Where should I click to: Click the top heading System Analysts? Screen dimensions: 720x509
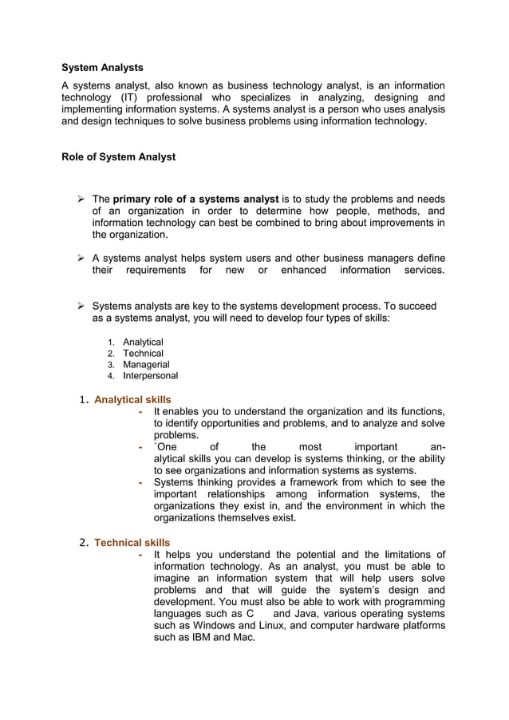(x=102, y=68)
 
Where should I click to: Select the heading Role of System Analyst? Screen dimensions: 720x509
(x=118, y=157)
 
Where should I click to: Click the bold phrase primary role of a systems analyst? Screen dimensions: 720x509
(x=196, y=199)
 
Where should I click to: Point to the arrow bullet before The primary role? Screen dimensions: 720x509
(x=81, y=199)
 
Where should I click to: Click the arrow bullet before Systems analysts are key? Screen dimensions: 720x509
(x=81, y=307)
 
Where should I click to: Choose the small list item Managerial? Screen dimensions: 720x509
(x=146, y=365)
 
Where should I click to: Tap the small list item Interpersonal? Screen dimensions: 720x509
(x=150, y=376)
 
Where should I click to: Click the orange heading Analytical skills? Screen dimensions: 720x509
(x=132, y=400)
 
